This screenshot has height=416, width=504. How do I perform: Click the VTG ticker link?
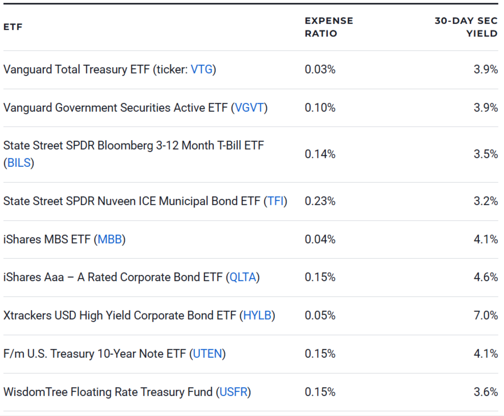pyautogui.click(x=201, y=69)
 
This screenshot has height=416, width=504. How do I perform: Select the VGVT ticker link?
pyautogui.click(x=249, y=108)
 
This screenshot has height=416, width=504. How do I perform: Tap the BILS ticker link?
pyautogui.click(x=19, y=163)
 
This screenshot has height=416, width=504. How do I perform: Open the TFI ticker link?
pyautogui.click(x=275, y=201)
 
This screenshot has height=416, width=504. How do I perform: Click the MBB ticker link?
pyautogui.click(x=110, y=239)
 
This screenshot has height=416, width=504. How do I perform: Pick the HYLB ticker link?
pyautogui.click(x=257, y=315)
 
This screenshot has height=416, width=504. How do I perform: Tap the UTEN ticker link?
pyautogui.click(x=208, y=354)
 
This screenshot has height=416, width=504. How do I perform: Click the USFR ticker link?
pyautogui.click(x=234, y=392)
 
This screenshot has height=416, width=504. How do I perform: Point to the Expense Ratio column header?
pyautogui.click(x=329, y=27)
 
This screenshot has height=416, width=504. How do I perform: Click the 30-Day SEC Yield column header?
pyautogui.click(x=466, y=27)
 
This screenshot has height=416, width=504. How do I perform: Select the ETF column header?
pyautogui.click(x=13, y=27)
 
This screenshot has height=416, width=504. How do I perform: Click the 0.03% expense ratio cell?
pyautogui.click(x=320, y=69)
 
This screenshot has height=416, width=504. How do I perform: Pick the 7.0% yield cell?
pyautogui.click(x=486, y=315)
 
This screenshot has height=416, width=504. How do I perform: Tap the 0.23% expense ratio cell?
pyautogui.click(x=320, y=201)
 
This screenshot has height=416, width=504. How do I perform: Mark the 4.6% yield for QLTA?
pyautogui.click(x=486, y=277)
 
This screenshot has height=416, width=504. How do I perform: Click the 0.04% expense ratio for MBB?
pyautogui.click(x=320, y=239)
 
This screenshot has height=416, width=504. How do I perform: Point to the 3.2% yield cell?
pyautogui.click(x=486, y=201)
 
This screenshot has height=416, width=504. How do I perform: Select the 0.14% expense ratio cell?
pyautogui.click(x=320, y=154)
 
